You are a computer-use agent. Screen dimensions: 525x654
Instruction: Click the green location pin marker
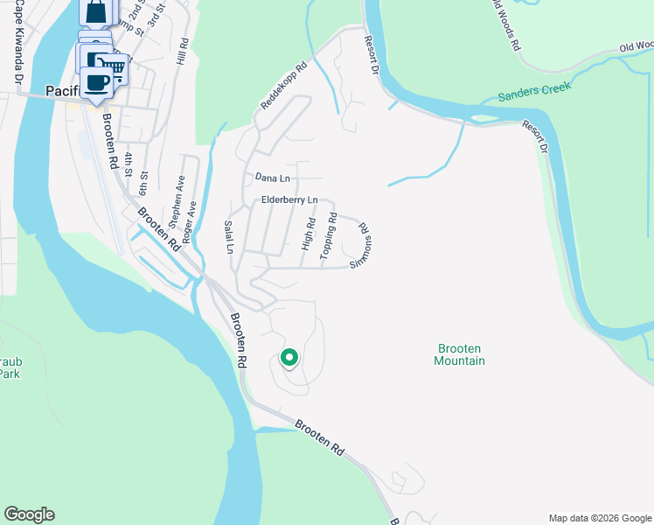pos(289,358)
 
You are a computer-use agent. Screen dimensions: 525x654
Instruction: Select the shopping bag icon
pos(95,12)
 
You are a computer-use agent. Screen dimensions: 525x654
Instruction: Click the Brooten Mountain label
pos(459,354)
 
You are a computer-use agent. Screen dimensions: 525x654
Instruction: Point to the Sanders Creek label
pos(534,92)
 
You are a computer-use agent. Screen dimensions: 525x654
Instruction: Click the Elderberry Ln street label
pos(289,201)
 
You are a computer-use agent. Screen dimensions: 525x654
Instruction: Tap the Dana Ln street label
pos(272,178)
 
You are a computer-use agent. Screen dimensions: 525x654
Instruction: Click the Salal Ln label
pos(230,237)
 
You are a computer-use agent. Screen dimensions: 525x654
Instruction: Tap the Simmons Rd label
pos(361,244)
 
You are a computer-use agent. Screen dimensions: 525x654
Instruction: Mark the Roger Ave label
pos(189,216)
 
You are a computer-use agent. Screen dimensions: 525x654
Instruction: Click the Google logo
pos(29,514)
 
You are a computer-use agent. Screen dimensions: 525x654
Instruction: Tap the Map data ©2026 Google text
pos(599,518)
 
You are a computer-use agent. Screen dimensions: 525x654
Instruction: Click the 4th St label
pos(128,164)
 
